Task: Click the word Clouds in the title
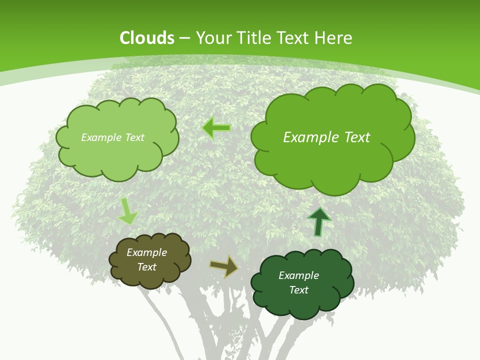click(147, 38)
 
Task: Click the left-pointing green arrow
click(216, 128)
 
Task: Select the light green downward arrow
click(128, 211)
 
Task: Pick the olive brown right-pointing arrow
click(223, 266)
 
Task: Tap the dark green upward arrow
click(318, 221)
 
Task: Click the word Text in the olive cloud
click(147, 267)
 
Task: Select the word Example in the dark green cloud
click(298, 275)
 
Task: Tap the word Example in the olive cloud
click(146, 252)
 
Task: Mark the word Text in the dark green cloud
click(298, 290)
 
